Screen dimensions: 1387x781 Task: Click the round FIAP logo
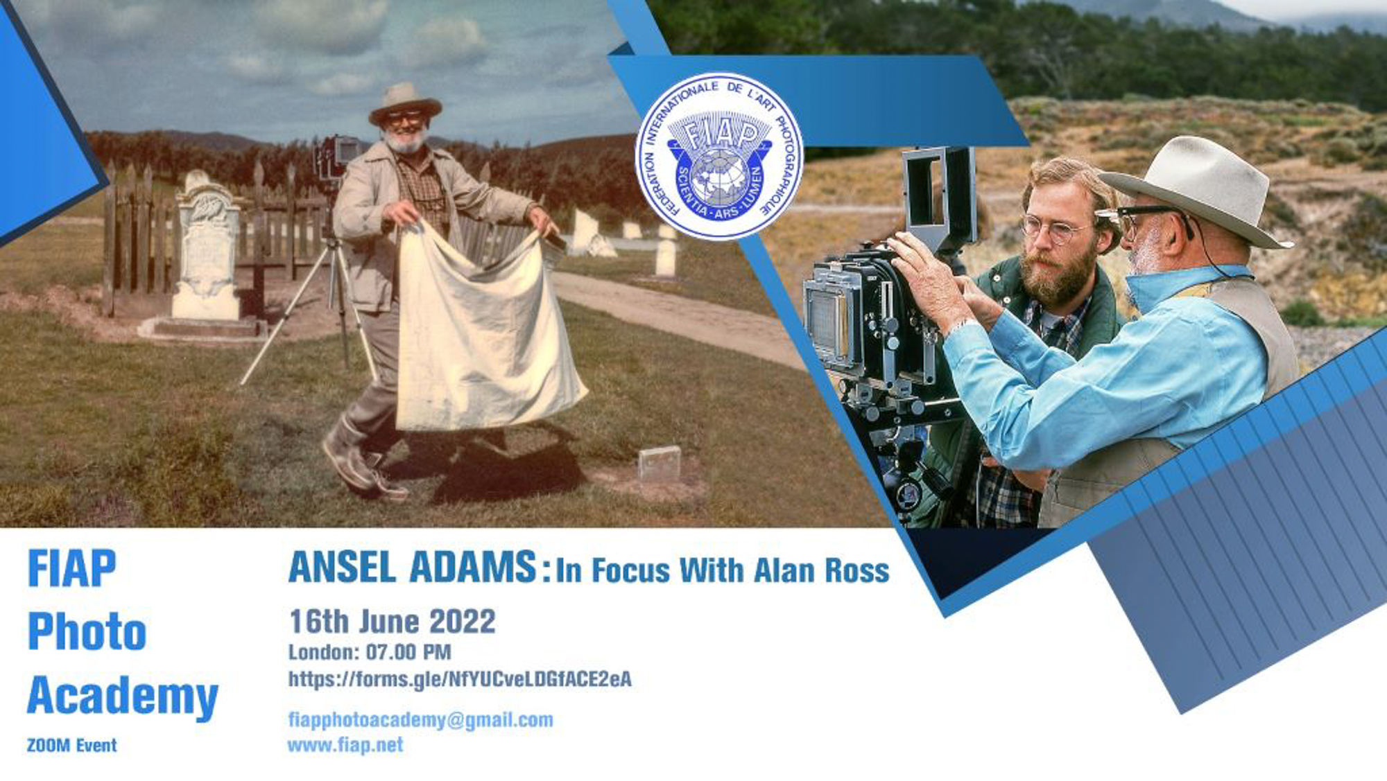click(719, 157)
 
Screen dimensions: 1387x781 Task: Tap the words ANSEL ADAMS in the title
click(413, 567)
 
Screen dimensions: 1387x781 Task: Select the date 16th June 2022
click(393, 622)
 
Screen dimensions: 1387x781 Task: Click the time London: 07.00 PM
click(370, 652)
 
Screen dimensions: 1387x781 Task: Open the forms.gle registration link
click(460, 679)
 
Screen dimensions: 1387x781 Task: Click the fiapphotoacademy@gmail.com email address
click(420, 720)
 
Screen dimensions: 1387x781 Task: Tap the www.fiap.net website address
click(345, 745)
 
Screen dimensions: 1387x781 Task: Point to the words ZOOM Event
click(71, 746)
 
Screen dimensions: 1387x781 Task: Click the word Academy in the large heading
click(123, 696)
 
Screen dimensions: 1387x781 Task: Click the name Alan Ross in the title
click(821, 570)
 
